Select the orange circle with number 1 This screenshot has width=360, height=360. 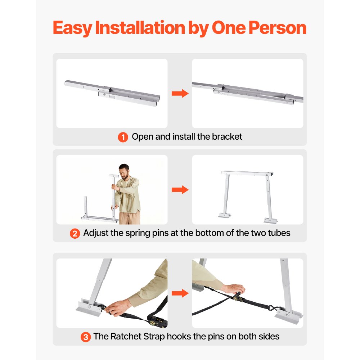point(123,137)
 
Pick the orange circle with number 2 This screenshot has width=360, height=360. point(75,233)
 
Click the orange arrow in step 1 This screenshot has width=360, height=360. point(180,94)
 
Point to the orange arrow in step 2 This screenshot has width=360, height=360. point(180,190)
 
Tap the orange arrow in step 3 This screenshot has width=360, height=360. point(180,293)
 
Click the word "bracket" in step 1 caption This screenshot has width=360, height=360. point(227,137)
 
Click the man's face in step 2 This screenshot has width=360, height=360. point(124,172)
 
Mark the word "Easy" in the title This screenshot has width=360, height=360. point(72,28)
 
